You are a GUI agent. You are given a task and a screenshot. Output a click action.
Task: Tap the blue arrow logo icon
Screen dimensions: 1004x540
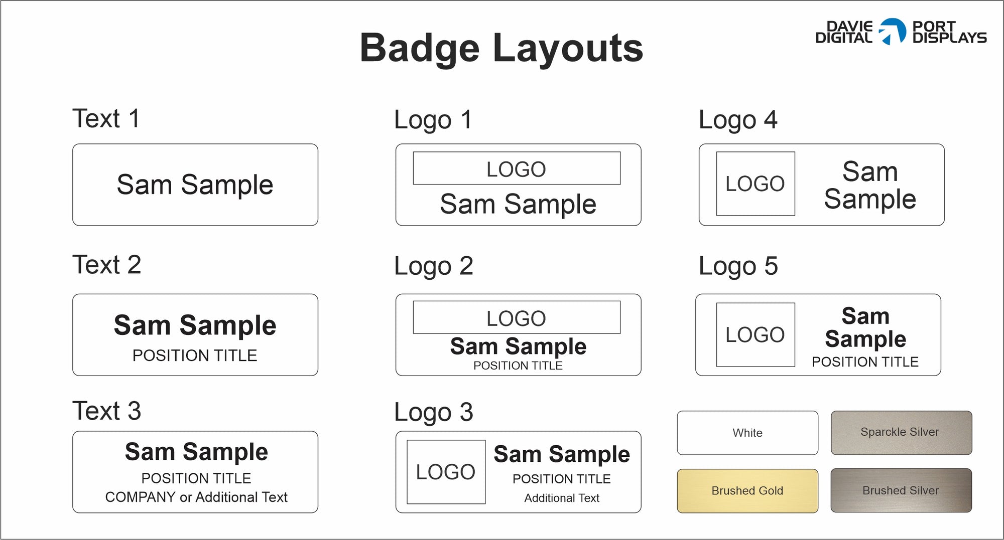(893, 31)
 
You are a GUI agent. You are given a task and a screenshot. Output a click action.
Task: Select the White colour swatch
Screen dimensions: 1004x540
(747, 433)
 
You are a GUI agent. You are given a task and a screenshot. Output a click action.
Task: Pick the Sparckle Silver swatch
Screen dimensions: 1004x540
(901, 433)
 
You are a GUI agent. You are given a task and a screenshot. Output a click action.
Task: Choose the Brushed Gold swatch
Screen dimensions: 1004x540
(747, 491)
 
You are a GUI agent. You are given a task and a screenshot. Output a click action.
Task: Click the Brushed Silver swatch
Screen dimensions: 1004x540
(901, 490)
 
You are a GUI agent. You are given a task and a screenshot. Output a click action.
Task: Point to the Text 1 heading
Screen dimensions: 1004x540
(106, 119)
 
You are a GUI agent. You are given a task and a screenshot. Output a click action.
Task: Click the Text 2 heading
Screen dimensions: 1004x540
(106, 265)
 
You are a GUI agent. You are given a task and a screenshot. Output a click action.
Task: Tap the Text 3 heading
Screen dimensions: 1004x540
(106, 411)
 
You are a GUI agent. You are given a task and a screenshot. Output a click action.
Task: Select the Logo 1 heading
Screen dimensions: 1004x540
(433, 120)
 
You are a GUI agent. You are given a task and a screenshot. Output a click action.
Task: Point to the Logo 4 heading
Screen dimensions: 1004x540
(738, 120)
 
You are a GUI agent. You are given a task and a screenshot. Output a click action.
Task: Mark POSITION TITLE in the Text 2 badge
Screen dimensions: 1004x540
(195, 355)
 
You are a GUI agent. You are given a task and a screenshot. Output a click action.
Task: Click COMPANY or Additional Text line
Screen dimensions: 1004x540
(196, 497)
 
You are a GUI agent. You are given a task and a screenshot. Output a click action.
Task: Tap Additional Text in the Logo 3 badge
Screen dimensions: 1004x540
(562, 498)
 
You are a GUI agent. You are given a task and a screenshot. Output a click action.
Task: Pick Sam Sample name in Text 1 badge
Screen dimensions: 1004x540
(195, 185)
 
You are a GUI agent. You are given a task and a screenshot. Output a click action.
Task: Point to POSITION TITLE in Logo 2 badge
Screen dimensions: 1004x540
(518, 366)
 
